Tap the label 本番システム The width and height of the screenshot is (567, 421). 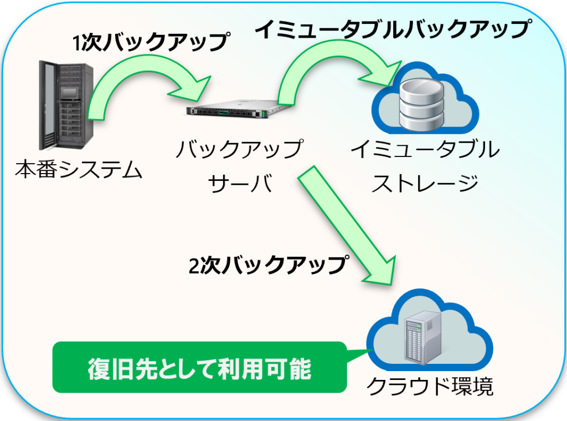pos(79,170)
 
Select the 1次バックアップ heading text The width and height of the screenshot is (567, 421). pos(150,42)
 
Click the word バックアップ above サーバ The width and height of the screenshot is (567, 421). pos(239,150)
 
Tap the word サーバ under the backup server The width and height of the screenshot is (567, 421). pos(239,184)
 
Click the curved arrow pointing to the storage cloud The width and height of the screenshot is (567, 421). pos(327,67)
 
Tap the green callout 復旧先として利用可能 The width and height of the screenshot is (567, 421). pos(199,369)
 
